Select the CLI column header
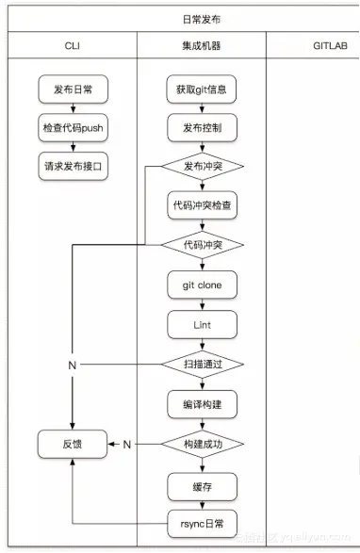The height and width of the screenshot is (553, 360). [72, 44]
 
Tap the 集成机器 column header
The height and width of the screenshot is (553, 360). [201, 44]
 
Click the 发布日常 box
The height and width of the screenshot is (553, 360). [73, 90]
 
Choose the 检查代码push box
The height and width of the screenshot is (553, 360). [73, 127]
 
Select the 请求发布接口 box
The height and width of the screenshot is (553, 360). [73, 164]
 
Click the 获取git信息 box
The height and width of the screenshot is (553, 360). [201, 90]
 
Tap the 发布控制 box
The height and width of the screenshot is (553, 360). [201, 127]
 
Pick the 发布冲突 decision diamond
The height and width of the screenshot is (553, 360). [202, 167]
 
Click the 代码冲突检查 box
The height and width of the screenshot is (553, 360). [201, 206]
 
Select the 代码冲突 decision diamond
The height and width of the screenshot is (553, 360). [202, 245]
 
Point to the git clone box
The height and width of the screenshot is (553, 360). [201, 284]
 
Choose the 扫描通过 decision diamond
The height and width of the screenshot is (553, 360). [202, 363]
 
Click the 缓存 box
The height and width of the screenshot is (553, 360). [201, 485]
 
